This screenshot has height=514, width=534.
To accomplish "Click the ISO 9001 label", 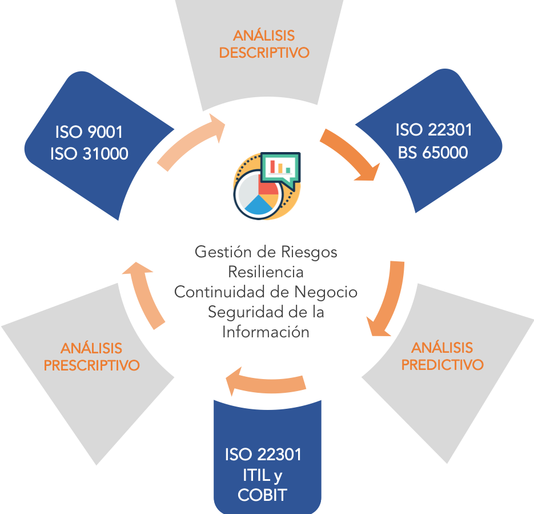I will click(89, 133).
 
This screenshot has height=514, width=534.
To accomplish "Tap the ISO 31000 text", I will click(89, 153).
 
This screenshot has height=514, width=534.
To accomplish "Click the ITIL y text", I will click(263, 475).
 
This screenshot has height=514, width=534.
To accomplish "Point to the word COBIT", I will click(263, 495).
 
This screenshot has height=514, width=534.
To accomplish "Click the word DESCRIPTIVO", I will click(264, 53).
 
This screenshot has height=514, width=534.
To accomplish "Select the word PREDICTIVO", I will click(442, 364).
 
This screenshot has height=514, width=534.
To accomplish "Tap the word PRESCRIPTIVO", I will click(91, 365).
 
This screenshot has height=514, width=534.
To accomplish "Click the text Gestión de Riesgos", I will click(266, 252).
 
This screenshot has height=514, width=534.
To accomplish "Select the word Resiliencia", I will click(266, 272).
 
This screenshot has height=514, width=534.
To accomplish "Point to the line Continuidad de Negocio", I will click(266, 292).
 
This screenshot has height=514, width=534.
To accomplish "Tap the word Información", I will click(266, 332).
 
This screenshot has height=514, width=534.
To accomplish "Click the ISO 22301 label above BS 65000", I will click(433, 130).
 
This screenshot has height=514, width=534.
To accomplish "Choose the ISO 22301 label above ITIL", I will click(263, 455).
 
